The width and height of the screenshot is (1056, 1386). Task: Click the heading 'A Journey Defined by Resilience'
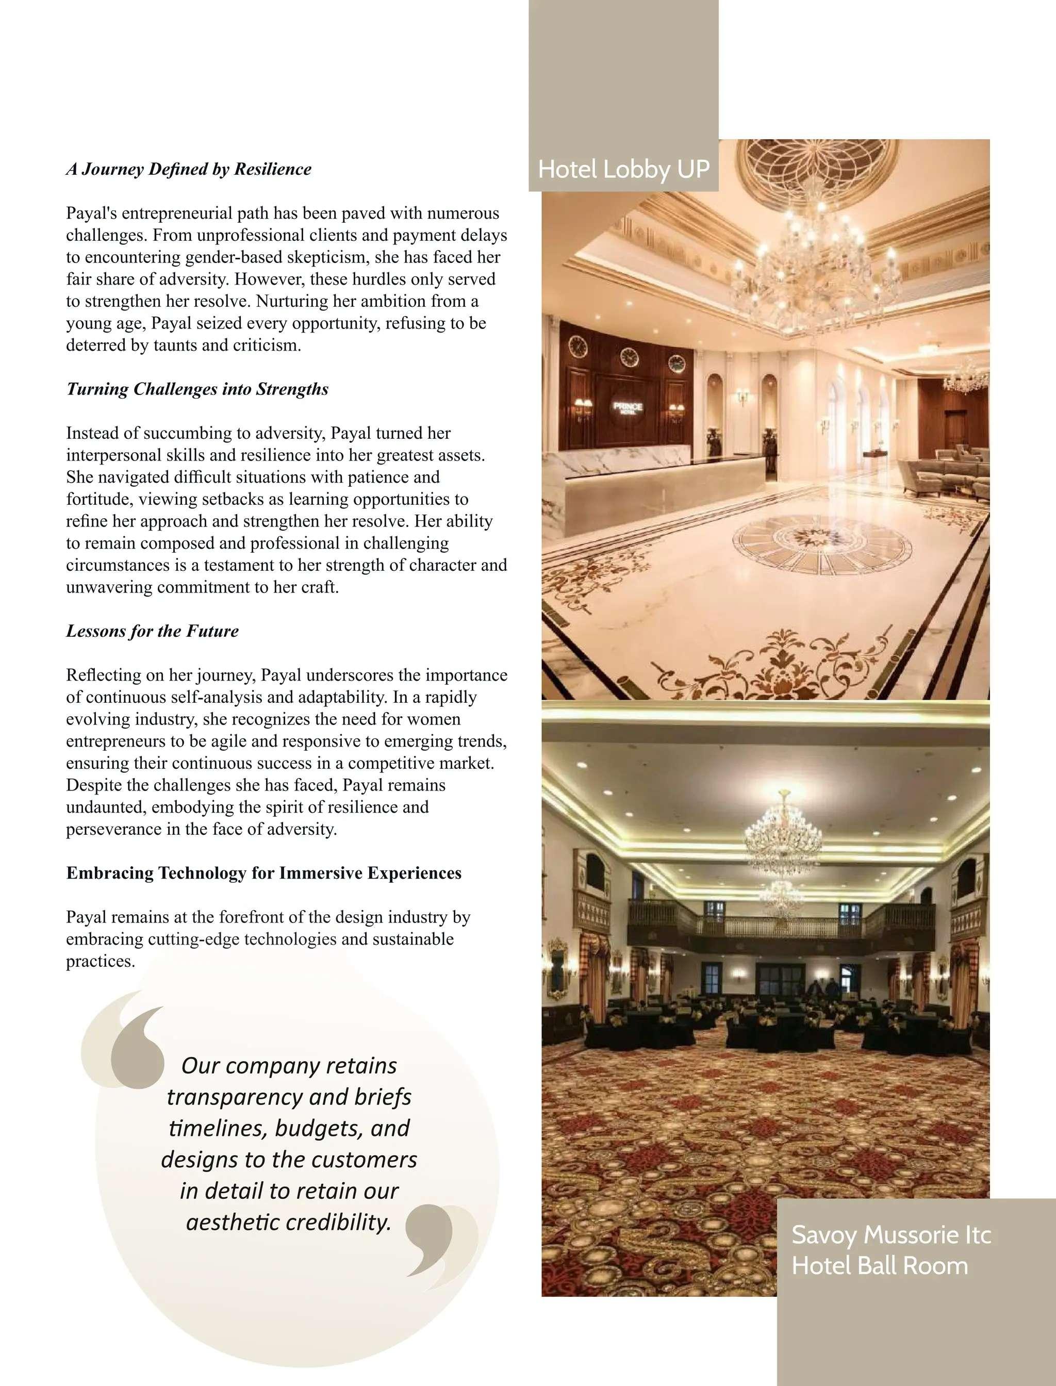[x=189, y=169]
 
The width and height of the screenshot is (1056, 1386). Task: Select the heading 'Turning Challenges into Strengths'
[x=197, y=389]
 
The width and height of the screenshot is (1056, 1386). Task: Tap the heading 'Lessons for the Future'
[x=152, y=631]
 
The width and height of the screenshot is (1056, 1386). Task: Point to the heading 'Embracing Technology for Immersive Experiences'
[x=264, y=873]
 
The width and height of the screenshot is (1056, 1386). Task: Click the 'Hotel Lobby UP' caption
[x=623, y=169]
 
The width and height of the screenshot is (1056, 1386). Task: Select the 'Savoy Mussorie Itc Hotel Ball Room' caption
[x=890, y=1250]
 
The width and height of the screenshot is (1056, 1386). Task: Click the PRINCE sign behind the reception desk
[x=628, y=407]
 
